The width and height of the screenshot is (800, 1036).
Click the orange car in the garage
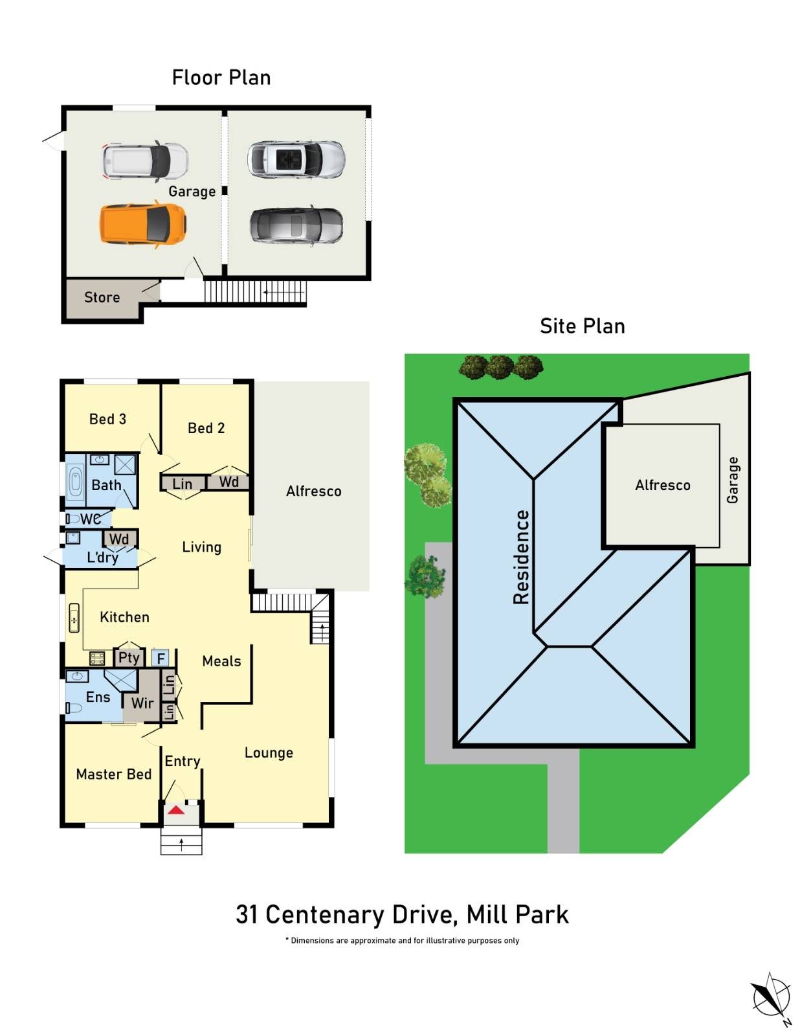point(143,224)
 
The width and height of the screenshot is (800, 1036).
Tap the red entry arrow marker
point(176,810)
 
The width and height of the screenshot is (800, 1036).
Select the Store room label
point(102,297)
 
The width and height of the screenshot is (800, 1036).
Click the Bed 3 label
point(107,419)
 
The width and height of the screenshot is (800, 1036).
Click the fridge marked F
point(161,659)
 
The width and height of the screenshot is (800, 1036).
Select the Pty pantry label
point(129,658)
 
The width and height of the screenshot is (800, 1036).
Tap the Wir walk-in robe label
point(142,703)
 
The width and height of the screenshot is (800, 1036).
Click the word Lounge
point(269,752)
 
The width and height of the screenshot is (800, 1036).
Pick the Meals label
point(221,661)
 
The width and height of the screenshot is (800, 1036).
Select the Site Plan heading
point(583,326)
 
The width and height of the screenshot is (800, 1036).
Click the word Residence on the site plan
point(522,557)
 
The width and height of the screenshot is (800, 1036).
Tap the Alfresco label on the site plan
point(663,485)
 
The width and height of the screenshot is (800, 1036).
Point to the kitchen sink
point(74,618)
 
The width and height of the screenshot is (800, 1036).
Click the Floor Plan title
point(221,78)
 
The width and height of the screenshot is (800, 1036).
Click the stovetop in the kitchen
point(97,659)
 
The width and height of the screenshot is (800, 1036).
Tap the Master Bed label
point(114,774)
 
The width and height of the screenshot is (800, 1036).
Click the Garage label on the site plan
point(733,480)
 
